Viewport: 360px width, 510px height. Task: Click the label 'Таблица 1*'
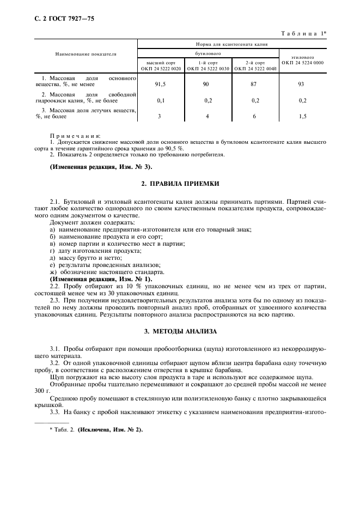(x=303, y=34)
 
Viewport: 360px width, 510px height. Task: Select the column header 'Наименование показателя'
(x=86, y=54)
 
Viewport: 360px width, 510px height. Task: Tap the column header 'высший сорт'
(x=161, y=63)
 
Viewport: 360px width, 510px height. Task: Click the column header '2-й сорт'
(x=255, y=63)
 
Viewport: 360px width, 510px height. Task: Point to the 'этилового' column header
(x=302, y=57)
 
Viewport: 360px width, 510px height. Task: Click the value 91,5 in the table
(x=161, y=84)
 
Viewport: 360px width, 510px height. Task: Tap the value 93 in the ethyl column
(x=302, y=84)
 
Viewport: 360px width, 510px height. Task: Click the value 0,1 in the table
(x=161, y=101)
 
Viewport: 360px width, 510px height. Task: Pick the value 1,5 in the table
(x=302, y=117)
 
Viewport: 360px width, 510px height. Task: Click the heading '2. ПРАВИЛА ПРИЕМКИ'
(x=180, y=184)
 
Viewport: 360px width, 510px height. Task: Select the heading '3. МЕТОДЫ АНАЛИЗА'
(x=180, y=331)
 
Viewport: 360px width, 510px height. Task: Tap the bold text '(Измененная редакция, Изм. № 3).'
(x=102, y=166)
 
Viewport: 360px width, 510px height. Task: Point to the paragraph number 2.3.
(x=55, y=300)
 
